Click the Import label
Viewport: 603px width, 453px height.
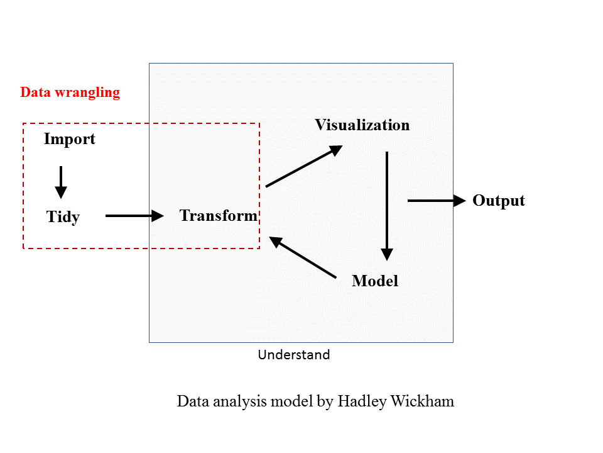coord(70,139)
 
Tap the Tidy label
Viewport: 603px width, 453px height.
coord(63,217)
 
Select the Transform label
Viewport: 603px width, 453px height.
coord(219,216)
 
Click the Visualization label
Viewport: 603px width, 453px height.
coord(362,125)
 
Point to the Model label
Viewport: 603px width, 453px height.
coord(375,281)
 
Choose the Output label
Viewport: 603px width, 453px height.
coord(499,201)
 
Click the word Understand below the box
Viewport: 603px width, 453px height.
coord(293,355)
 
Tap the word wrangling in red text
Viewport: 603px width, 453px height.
coord(87,92)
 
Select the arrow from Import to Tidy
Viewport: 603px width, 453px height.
coord(61,182)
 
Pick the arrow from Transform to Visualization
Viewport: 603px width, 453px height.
coord(304,166)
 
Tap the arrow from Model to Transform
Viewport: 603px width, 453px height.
coord(303,257)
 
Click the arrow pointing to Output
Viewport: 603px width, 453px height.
coord(438,201)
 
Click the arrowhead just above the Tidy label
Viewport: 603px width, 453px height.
coord(61,193)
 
